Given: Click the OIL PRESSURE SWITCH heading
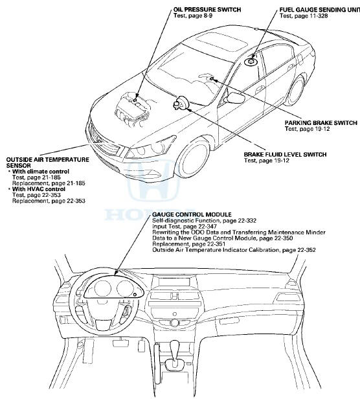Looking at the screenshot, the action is coord(207,10).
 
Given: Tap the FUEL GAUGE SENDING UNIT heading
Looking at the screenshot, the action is coord(320,10).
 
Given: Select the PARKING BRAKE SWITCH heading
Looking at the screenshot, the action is coord(321,123).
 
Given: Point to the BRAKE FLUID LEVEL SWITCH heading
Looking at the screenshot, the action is coord(285,155).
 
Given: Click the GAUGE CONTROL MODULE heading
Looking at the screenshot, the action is coord(192,214).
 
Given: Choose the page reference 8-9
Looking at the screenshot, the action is coord(207,16).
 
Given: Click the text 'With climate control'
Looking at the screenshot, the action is coord(41,172).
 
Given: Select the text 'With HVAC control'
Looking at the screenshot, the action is coord(38,189).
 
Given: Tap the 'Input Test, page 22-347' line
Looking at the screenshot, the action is coord(185,227).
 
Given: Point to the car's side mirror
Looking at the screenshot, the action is coord(236,98).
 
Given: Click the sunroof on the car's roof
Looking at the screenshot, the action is coord(221,42).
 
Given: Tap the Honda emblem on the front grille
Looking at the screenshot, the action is coord(100,141).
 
